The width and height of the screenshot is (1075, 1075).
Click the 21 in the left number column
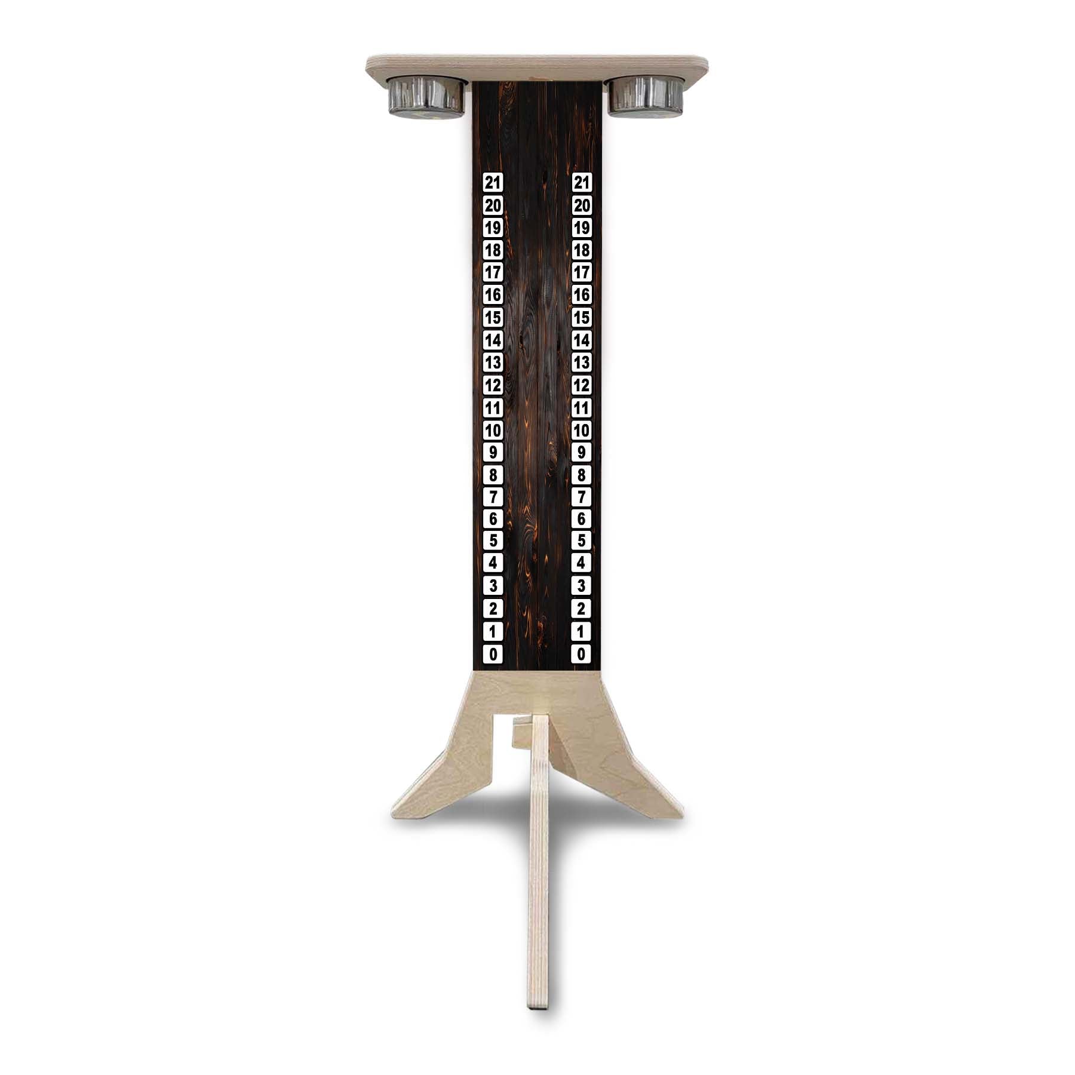(493, 183)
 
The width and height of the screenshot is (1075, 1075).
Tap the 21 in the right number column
(582, 183)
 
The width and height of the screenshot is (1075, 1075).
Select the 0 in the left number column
(493, 654)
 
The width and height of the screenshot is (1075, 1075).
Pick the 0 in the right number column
(582, 654)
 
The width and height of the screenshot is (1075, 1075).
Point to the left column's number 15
(493, 318)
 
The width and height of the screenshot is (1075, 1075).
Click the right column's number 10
(582, 430)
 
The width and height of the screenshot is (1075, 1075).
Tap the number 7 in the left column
(493, 497)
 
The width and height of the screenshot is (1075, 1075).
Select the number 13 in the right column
(582, 363)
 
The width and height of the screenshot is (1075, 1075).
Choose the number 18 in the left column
(493, 250)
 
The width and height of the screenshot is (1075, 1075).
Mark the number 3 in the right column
(582, 586)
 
